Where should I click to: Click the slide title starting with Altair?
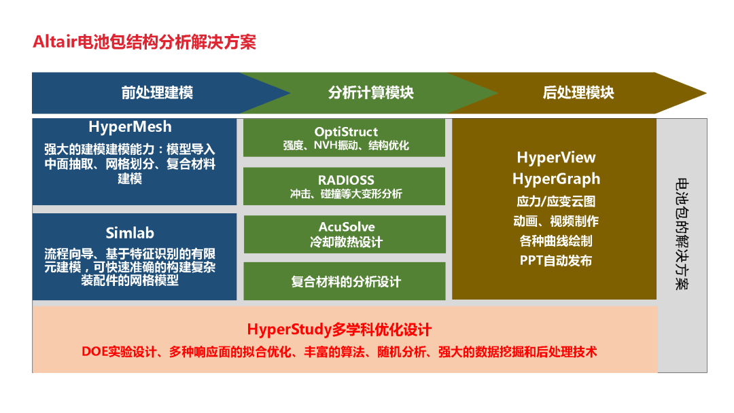[x=144, y=42]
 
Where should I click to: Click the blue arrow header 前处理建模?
[x=157, y=92]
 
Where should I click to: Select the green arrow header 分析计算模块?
[x=371, y=92]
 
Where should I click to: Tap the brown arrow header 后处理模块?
[x=578, y=92]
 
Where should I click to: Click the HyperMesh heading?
[x=130, y=127]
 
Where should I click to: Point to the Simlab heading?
[x=130, y=232]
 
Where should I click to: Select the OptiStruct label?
[x=346, y=132]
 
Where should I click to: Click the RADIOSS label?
[x=346, y=180]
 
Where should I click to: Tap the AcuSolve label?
[x=347, y=227]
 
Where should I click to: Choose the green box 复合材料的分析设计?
[x=345, y=281]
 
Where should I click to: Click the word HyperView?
[x=556, y=158]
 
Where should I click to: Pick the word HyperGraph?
[x=556, y=179]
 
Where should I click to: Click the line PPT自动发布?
[x=556, y=261]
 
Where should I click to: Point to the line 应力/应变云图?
[x=556, y=202]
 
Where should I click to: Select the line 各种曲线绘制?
[x=556, y=241]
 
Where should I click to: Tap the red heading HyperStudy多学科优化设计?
[x=339, y=329]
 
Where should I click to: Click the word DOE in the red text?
[x=94, y=352]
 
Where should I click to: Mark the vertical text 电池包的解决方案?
[x=682, y=234]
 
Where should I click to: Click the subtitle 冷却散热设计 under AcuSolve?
[x=346, y=242]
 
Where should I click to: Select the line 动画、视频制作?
[x=556, y=221]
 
